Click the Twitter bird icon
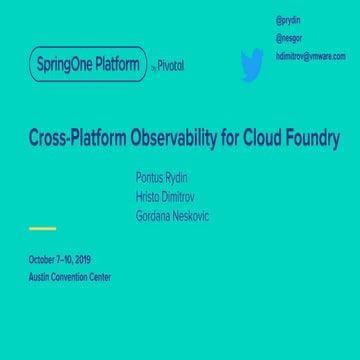click(251, 64)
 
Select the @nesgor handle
click(288, 38)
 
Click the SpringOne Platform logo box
click(88, 64)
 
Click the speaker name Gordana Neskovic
click(172, 216)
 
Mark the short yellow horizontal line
click(42, 229)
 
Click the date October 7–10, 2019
click(60, 260)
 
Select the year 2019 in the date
click(82, 260)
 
